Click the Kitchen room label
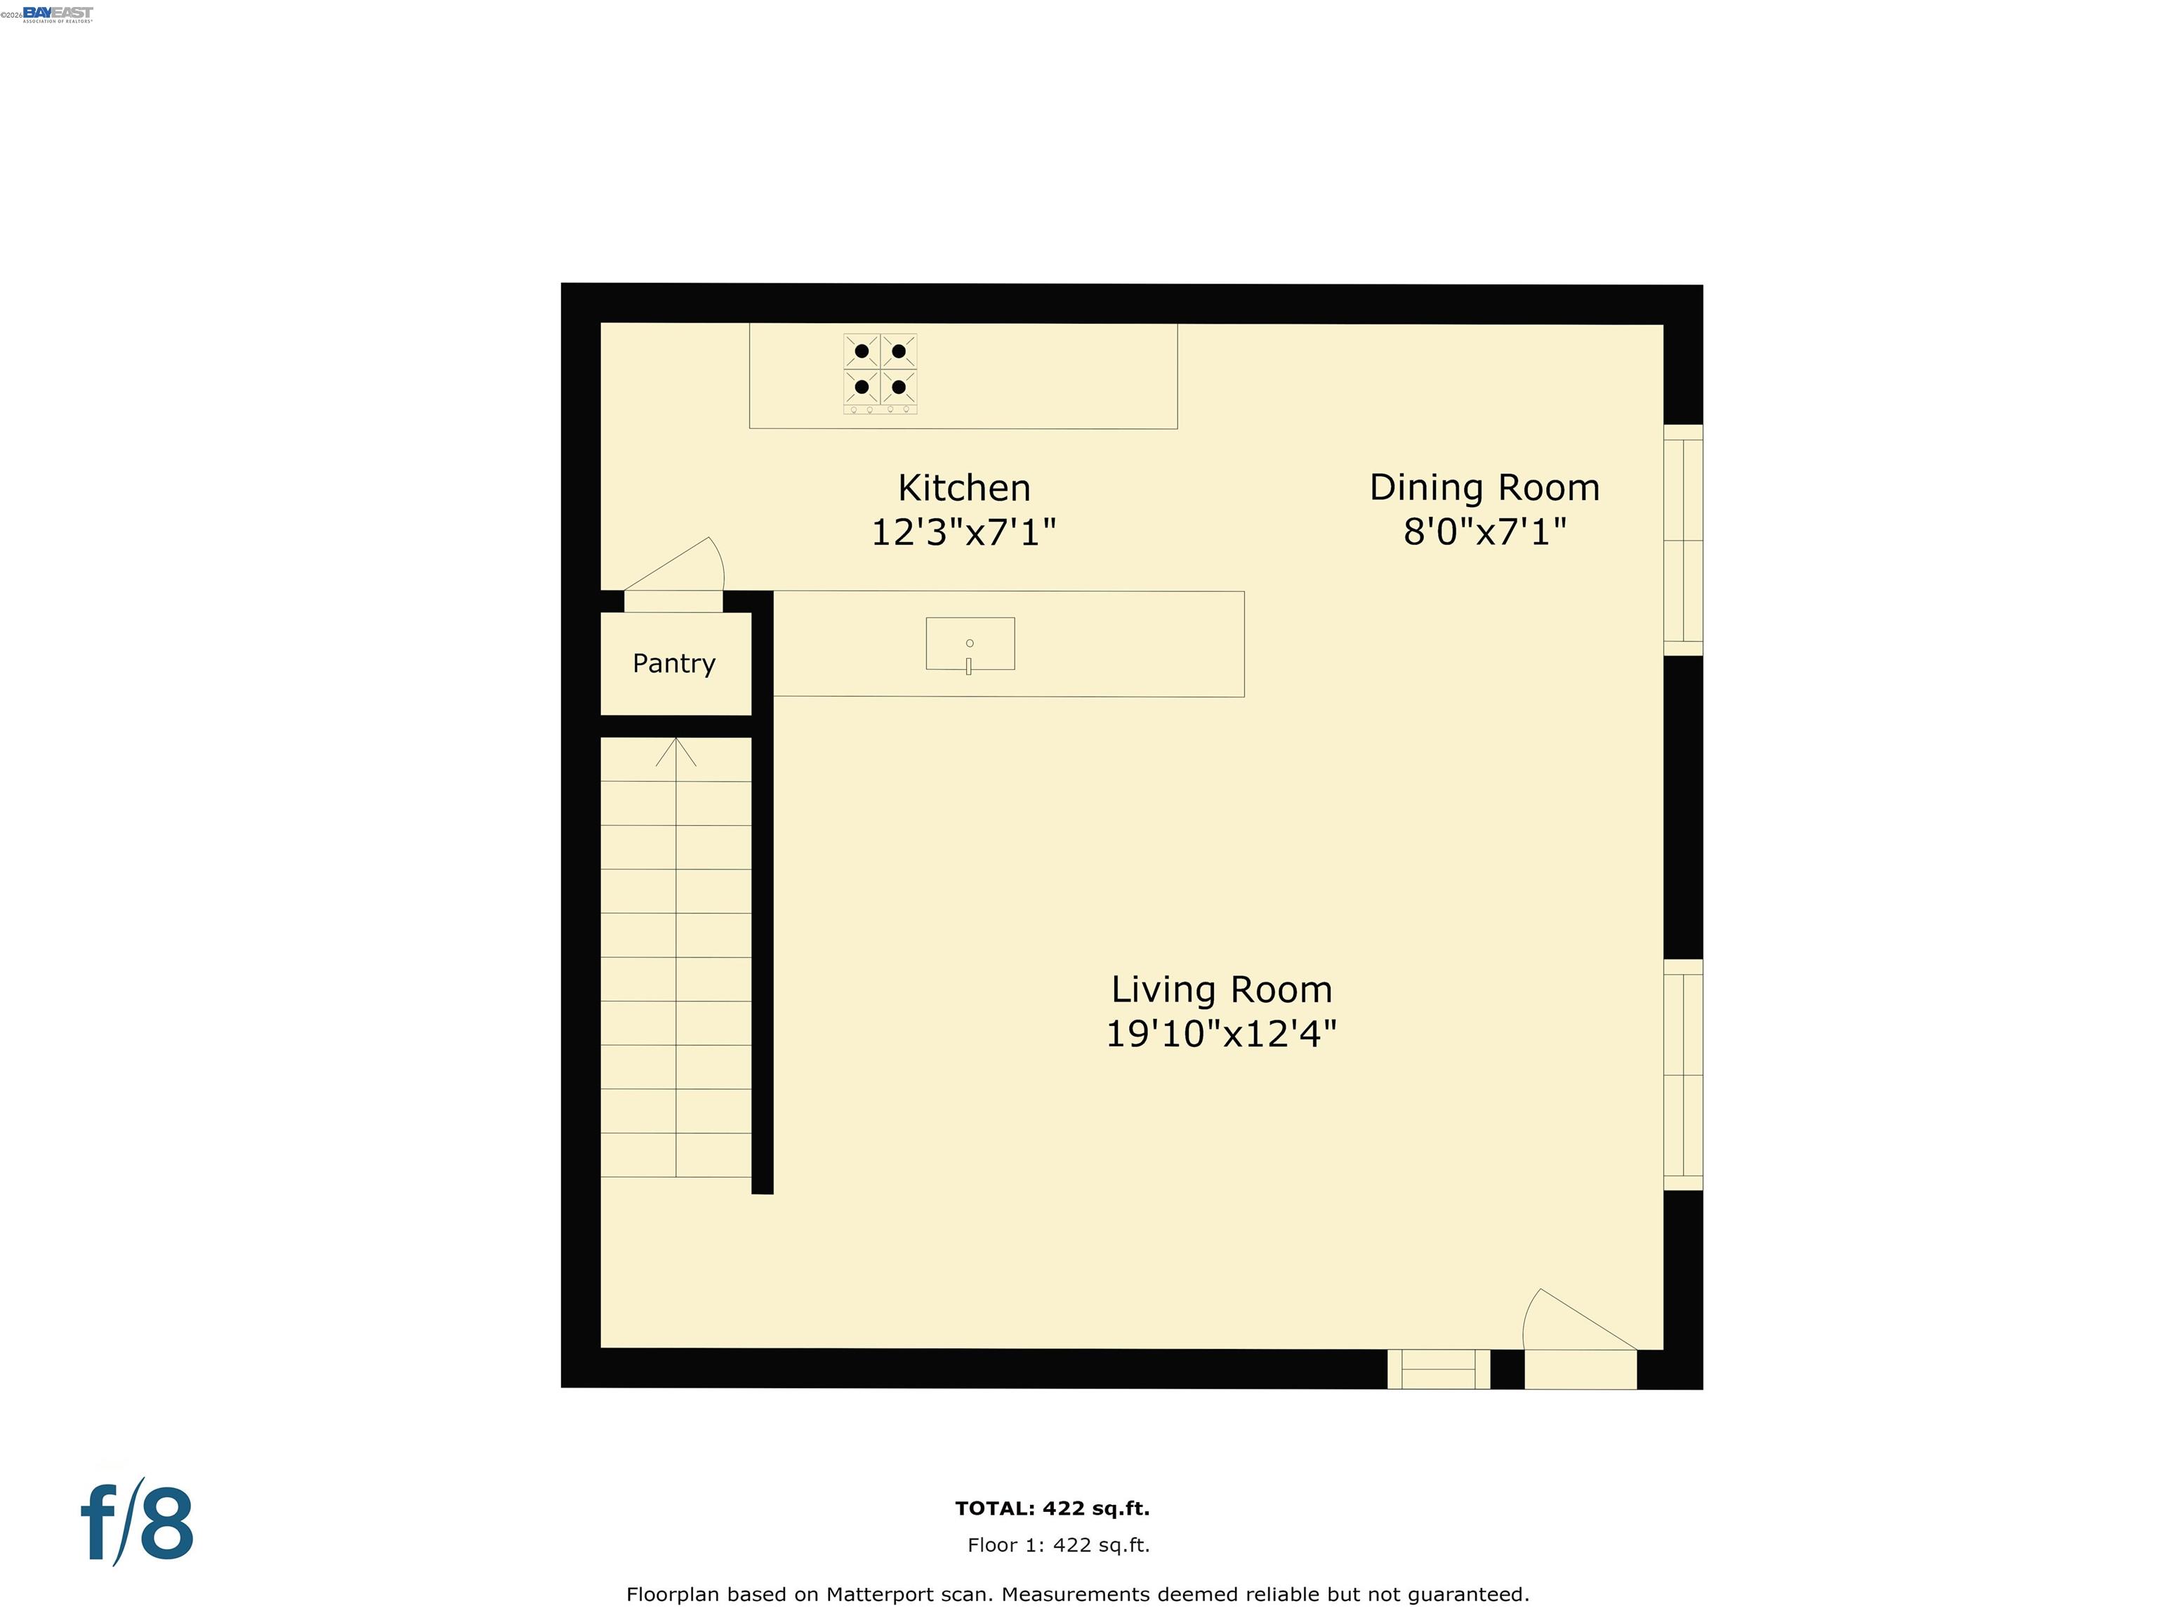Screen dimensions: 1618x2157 point(963,487)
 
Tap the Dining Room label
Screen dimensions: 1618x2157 point(1484,487)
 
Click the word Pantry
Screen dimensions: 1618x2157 point(674,663)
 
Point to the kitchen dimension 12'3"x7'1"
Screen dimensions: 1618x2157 point(963,532)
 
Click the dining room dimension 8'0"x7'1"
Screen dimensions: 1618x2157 point(1484,532)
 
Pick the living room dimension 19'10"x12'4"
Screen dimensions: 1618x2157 point(1221,1034)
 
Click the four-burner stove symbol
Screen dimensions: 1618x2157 point(880,371)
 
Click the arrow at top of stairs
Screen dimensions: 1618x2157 point(675,751)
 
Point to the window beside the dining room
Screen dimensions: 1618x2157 point(1682,539)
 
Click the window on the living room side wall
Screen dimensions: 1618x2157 point(1682,1074)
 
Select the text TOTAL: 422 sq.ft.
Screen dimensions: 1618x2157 point(1053,1508)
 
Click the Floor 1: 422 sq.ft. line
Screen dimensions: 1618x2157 point(1058,1545)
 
